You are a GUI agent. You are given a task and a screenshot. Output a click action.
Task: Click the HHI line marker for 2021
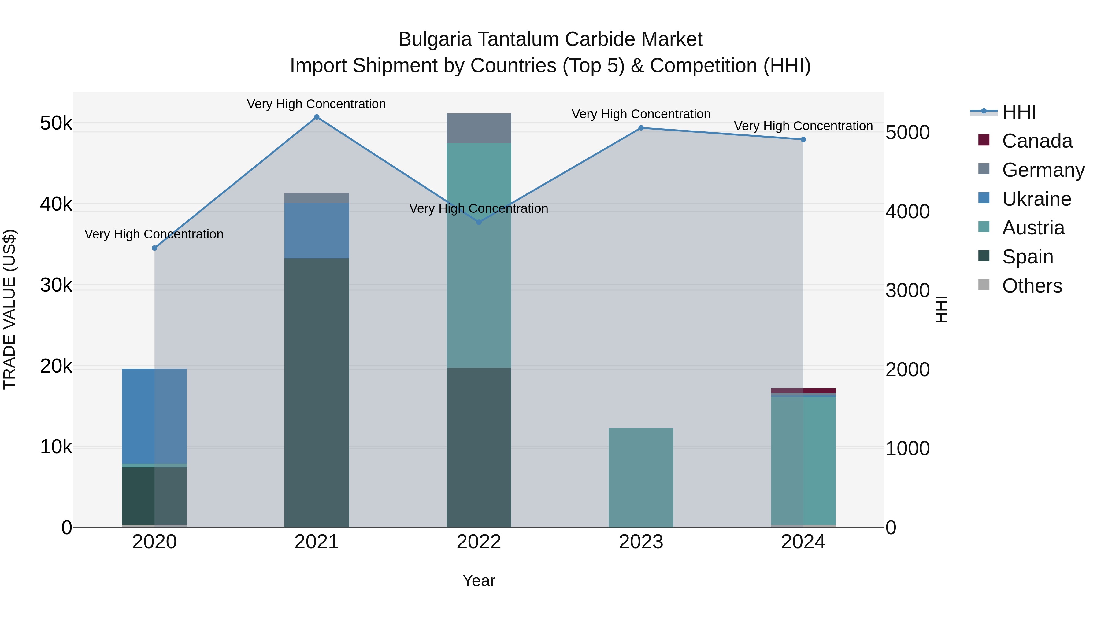pyautogui.click(x=317, y=117)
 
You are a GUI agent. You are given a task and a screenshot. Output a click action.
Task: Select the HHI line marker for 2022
pyautogui.click(x=479, y=222)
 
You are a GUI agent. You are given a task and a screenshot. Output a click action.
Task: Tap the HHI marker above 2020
pyautogui.click(x=155, y=248)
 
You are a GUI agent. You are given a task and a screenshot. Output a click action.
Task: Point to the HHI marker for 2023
pyautogui.click(x=641, y=128)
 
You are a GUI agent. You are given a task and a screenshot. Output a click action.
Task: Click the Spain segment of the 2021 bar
pyautogui.click(x=317, y=392)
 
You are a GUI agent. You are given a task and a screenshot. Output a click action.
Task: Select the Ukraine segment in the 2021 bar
pyautogui.click(x=317, y=231)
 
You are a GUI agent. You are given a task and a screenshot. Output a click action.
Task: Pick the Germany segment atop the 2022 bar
pyautogui.click(x=479, y=128)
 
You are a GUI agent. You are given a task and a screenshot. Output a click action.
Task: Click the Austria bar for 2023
pyautogui.click(x=641, y=477)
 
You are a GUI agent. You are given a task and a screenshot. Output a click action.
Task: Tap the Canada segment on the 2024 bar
pyautogui.click(x=803, y=390)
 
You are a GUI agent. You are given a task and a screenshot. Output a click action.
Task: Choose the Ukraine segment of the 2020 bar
pyautogui.click(x=155, y=416)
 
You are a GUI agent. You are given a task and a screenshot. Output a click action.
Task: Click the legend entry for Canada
pyautogui.click(x=1036, y=141)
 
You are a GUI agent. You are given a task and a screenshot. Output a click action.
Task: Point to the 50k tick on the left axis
pyautogui.click(x=56, y=123)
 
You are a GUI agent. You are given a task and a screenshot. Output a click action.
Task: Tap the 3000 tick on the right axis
pyautogui.click(x=907, y=290)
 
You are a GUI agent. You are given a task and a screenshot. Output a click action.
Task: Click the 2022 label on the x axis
pyautogui.click(x=479, y=542)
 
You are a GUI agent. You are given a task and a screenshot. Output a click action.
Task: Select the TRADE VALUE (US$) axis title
pyautogui.click(x=9, y=309)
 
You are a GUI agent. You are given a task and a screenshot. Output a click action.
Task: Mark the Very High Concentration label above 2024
pyautogui.click(x=803, y=126)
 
